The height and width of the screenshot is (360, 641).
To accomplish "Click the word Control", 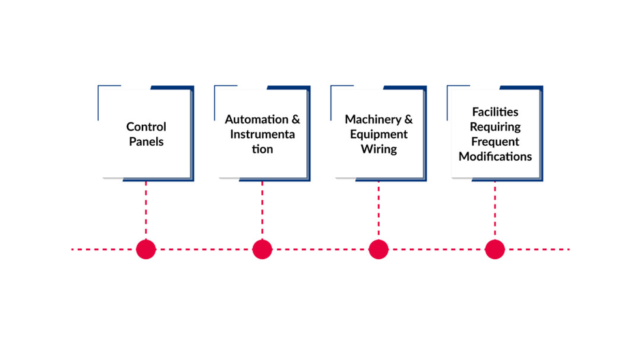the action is (x=146, y=127).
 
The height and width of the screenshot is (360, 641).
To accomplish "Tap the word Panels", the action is (x=146, y=142).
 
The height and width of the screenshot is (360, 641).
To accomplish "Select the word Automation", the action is (x=256, y=119).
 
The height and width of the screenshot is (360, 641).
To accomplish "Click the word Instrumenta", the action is (x=263, y=134).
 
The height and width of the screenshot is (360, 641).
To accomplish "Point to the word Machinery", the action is (x=373, y=119).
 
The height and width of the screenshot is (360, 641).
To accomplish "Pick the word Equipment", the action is (x=378, y=134).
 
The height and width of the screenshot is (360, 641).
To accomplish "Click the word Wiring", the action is (x=378, y=149).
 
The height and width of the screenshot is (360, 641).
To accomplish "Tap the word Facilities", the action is (x=495, y=112).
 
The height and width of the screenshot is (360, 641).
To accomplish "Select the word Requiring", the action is (x=495, y=127).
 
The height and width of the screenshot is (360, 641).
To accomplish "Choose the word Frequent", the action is (x=495, y=142).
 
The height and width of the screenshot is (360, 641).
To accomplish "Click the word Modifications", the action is (x=495, y=157).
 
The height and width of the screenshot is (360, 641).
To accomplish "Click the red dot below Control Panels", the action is (x=146, y=250).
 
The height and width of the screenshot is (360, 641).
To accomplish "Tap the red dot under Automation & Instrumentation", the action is (x=263, y=250).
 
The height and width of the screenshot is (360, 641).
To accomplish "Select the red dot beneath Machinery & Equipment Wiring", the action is (x=378, y=250).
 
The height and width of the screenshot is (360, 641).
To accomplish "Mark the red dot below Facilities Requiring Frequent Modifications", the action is (x=495, y=250).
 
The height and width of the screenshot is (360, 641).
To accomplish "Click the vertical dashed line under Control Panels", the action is (x=146, y=210).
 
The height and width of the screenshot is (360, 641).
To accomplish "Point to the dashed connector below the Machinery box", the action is (x=378, y=210).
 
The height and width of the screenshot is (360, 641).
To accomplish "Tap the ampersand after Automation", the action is (x=295, y=119).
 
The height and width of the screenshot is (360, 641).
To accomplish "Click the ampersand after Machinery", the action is (x=408, y=119).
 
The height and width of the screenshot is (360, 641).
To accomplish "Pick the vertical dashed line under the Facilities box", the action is (x=495, y=210).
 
